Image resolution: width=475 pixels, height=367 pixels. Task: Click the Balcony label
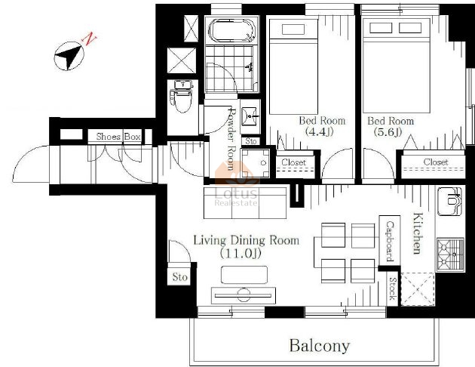click(320, 346)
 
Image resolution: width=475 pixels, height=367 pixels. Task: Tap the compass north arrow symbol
click(69, 56)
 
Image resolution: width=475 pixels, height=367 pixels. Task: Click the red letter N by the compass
click(89, 39)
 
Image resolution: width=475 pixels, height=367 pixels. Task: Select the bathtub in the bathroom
click(232, 30)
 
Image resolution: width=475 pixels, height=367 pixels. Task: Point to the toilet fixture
click(182, 96)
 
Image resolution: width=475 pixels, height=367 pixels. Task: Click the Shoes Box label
click(118, 137)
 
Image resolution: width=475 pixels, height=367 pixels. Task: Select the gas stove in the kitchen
click(450, 254)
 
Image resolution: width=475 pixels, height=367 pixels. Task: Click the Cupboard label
click(390, 241)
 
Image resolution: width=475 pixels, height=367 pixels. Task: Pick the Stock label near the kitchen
click(393, 288)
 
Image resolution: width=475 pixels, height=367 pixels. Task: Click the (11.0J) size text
click(241, 253)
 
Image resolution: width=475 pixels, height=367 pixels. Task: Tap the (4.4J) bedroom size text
click(319, 131)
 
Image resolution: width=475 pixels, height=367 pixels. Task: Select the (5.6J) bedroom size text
click(388, 132)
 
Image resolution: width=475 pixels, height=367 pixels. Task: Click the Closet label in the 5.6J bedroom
click(436, 162)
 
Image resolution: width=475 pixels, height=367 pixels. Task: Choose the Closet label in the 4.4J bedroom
click(293, 162)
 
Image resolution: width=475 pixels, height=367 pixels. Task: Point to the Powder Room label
click(231, 139)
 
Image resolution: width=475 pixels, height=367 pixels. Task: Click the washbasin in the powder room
click(250, 116)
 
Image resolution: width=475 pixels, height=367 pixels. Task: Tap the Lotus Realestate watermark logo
click(236, 184)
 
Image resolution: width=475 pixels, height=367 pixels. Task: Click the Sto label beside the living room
click(180, 277)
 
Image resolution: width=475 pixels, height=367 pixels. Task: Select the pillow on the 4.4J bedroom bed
click(293, 29)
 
